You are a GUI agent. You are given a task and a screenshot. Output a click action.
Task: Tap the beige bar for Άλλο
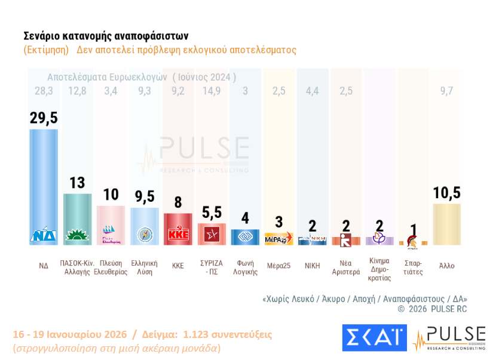pos(447,224)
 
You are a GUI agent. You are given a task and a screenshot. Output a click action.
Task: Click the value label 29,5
pos(44,118)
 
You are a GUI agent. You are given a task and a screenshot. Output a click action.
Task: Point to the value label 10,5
pos(447,193)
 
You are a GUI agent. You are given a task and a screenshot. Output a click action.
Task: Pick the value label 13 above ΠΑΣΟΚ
pos(77,183)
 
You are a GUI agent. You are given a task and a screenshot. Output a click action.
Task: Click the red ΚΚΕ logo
pos(178,235)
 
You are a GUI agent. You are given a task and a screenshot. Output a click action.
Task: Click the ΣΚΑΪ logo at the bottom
pos(374,338)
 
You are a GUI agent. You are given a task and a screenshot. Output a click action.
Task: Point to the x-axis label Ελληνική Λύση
pos(144,267)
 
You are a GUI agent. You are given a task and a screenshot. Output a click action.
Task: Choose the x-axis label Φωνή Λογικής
pos(245,267)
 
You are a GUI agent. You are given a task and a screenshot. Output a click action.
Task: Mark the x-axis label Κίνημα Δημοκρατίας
pos(379,269)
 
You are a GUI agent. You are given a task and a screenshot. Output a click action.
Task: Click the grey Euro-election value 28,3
pos(44,91)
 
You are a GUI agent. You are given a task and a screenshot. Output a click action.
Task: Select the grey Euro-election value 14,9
pos(211,91)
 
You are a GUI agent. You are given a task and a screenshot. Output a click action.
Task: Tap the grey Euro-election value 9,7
pos(447,91)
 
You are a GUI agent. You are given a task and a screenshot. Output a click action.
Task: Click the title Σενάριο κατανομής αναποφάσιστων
pos(106,36)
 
